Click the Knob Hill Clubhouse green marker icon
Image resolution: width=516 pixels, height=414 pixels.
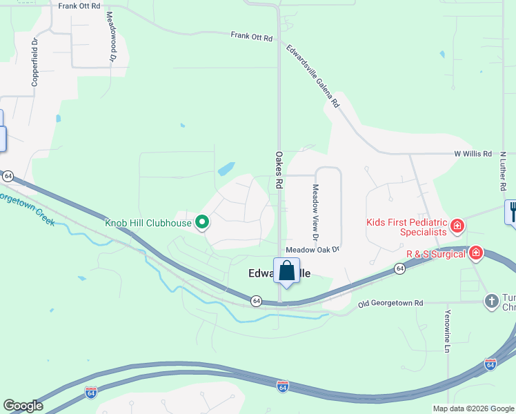coord(202,222)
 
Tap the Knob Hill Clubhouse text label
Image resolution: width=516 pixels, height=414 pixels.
coord(148,222)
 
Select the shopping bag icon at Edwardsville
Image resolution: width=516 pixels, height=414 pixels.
coord(286,271)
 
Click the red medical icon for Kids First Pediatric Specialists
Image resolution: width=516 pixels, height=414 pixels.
coord(456,225)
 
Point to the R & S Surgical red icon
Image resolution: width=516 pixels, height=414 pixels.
coord(475,253)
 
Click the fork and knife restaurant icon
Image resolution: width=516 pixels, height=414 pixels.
coord(512,210)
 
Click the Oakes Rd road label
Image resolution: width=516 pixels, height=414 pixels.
coord(279,170)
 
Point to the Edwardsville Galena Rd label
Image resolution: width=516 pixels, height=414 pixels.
coord(314,77)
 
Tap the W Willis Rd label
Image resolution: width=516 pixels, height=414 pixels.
coord(473,153)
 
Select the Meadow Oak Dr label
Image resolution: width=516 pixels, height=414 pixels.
coord(313,249)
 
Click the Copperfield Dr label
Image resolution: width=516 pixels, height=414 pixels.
coord(34,61)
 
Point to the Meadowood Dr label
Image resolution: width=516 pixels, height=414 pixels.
coord(110,41)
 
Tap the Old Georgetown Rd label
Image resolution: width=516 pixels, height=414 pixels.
coord(390,303)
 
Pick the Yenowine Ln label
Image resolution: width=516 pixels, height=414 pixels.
coord(447,339)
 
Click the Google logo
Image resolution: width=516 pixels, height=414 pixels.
coord(23,406)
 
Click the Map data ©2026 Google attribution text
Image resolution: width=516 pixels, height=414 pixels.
coord(473,408)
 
